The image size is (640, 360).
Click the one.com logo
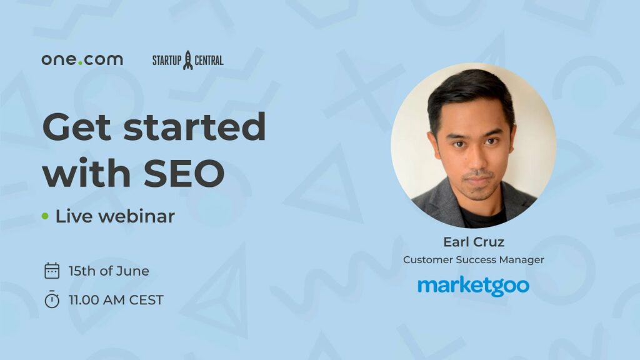82,59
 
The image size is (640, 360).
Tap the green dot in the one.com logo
81,63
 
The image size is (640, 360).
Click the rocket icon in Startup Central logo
187,60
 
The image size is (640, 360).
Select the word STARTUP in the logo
167,61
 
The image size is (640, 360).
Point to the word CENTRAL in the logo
209,61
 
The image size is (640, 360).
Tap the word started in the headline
195,126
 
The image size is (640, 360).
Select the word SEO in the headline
184,173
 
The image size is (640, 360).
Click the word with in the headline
86,172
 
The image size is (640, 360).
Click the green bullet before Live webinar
45,216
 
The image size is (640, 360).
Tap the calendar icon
52,271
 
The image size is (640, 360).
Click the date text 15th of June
109,271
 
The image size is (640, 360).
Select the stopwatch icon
52,299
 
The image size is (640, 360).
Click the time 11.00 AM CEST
116,300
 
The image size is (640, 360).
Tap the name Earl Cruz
474,242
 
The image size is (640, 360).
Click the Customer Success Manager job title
474,260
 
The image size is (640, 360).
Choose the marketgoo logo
474,286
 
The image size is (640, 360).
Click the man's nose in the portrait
477,157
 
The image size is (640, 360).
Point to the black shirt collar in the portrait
482,214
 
